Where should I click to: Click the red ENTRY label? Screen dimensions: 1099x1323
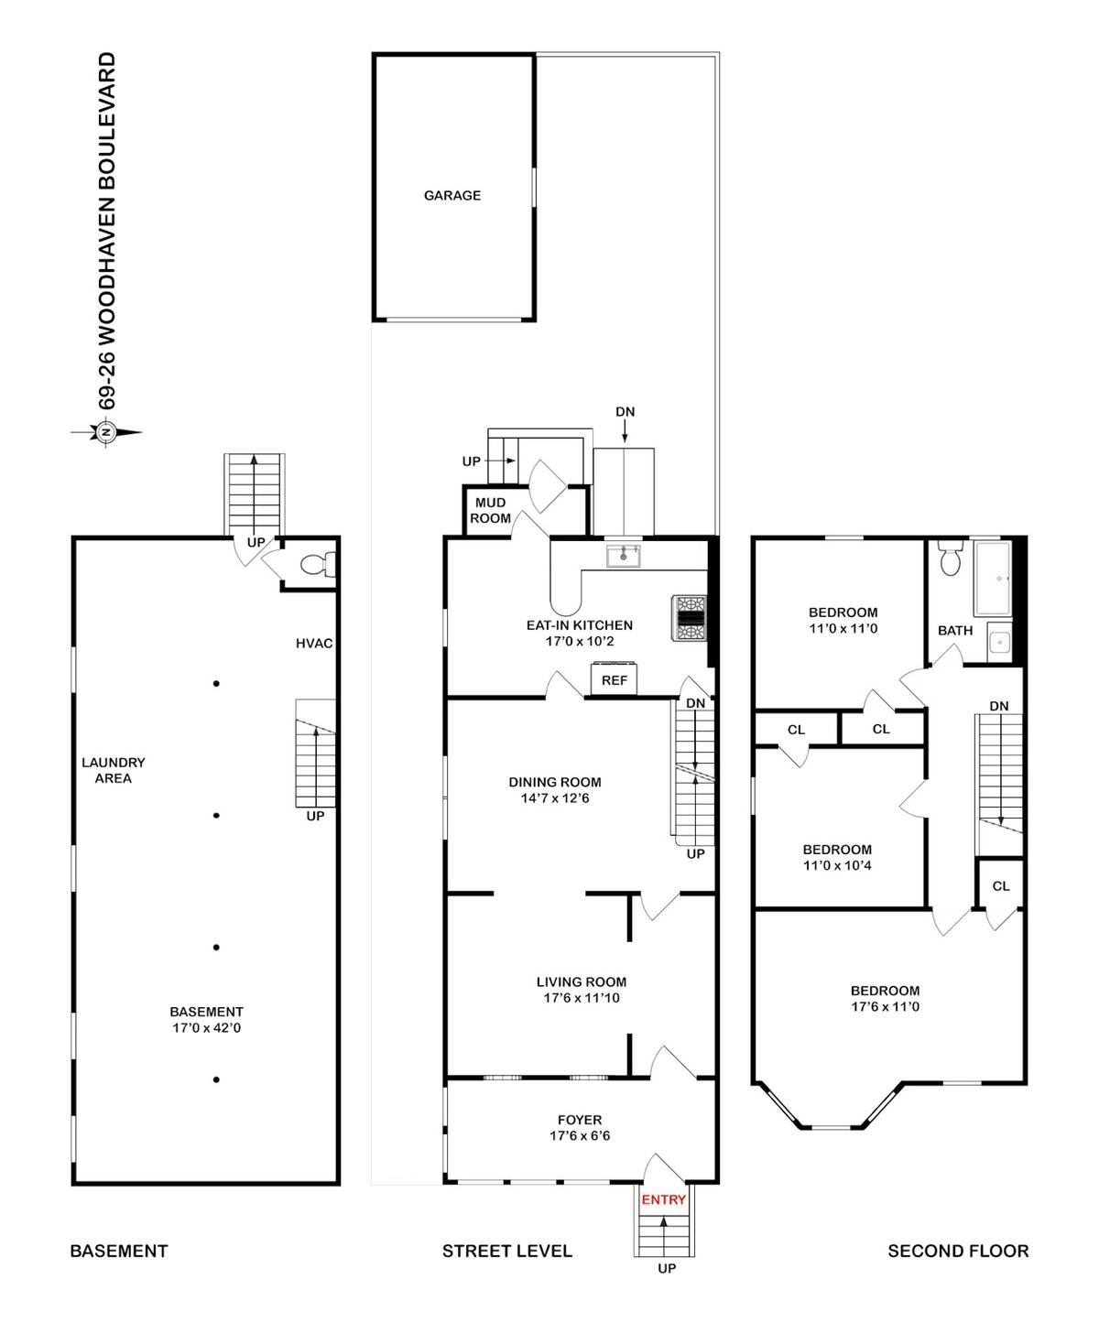click(663, 1200)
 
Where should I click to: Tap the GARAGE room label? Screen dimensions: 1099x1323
click(452, 196)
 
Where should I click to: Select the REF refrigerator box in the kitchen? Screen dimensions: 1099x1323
click(614, 678)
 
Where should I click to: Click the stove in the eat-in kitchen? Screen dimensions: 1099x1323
click(690, 618)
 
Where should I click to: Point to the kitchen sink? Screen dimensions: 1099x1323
click(623, 556)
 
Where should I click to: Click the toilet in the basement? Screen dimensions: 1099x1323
click(317, 563)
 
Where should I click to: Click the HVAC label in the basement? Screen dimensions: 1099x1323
click(314, 644)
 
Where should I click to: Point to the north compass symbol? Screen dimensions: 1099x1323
click(106, 433)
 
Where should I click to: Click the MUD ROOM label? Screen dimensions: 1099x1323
click(490, 511)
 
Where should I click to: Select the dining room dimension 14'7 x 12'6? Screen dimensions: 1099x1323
click(555, 798)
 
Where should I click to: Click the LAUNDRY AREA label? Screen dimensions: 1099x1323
click(114, 771)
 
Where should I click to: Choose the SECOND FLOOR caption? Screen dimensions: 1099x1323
click(958, 1251)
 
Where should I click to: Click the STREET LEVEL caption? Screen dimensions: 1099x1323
click(507, 1251)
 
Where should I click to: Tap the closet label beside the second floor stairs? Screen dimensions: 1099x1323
click(1001, 886)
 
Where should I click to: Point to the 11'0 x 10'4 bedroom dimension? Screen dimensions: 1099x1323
click(836, 865)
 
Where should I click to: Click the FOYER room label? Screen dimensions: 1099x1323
click(580, 1120)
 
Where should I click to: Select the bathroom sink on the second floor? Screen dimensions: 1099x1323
click(999, 642)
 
